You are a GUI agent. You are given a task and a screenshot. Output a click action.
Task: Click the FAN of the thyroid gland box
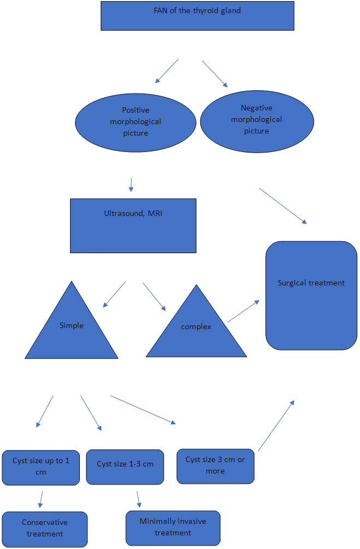(197, 16)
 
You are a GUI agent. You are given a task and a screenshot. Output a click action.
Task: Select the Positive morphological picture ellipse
(135, 121)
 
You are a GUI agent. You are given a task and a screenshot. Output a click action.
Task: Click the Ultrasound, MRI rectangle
(133, 225)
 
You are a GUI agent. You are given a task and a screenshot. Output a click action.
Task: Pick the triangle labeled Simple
(72, 328)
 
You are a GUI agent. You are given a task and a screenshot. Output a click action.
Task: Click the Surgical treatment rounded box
(311, 295)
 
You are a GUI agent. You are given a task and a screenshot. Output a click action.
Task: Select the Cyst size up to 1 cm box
(41, 468)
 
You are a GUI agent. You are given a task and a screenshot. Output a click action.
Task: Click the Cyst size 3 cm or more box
(215, 466)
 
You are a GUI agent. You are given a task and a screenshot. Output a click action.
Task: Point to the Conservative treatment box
(44, 529)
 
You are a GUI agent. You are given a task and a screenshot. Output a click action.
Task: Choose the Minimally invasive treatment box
(173, 528)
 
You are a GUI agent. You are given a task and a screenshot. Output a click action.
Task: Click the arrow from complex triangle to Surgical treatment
(243, 311)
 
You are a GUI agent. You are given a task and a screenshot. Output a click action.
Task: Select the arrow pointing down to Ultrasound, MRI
(131, 184)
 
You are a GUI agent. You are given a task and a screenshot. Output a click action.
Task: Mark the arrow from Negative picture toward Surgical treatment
(283, 206)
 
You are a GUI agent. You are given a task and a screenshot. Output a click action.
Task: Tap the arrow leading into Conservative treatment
(40, 499)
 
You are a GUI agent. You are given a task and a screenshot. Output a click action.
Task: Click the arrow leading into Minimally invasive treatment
(138, 499)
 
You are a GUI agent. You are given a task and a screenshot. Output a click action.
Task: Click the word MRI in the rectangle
(155, 213)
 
